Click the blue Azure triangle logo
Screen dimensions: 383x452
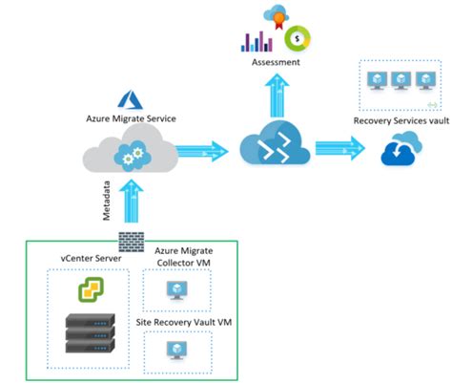coord(129,98)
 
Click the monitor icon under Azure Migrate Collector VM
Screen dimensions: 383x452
coord(176,290)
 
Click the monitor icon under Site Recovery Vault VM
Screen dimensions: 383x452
coord(176,354)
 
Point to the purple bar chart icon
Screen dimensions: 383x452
coord(257,41)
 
